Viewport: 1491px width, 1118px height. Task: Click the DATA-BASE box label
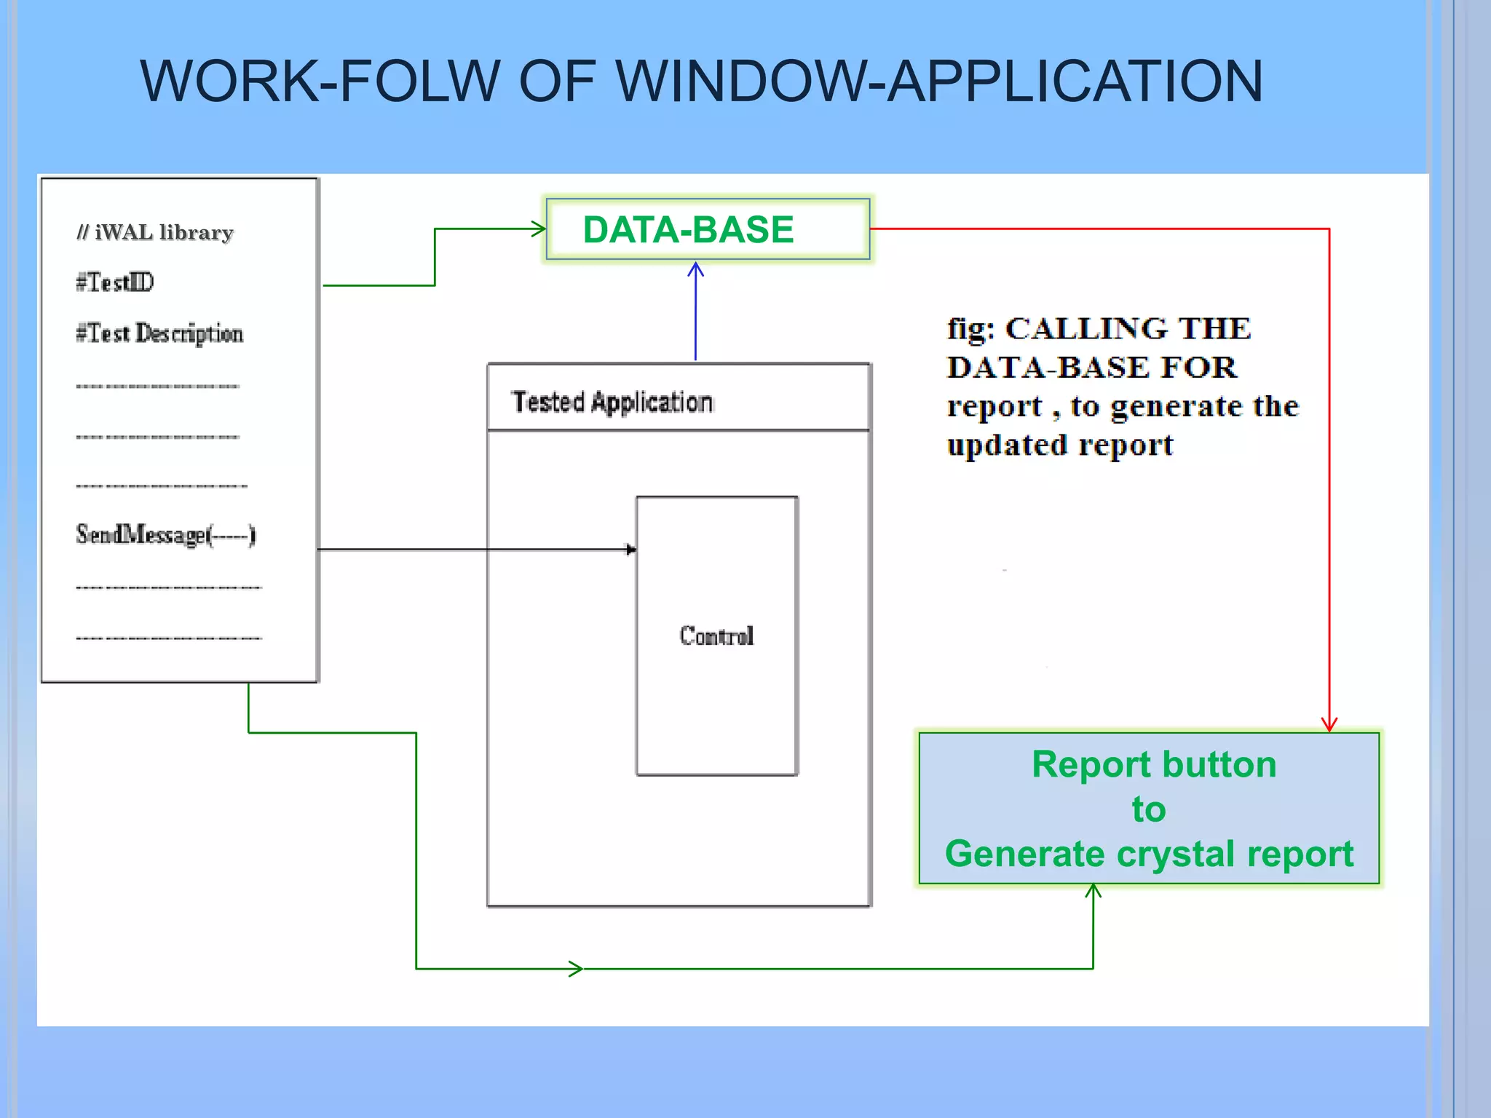pos(688,230)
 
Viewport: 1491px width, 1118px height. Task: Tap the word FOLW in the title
pos(419,81)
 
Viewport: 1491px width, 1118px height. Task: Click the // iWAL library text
pos(155,232)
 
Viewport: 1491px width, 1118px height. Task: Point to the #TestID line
pos(115,282)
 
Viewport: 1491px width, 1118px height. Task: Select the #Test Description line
pos(159,333)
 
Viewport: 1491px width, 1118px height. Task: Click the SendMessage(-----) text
pos(165,535)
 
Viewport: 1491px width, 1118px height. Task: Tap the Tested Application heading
pos(612,402)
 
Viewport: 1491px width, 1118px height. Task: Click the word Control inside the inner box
pos(716,636)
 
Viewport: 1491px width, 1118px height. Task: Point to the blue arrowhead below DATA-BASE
pos(695,270)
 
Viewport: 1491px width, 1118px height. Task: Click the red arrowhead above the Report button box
pos(1329,724)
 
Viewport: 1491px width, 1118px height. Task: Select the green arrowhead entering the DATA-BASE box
pos(539,229)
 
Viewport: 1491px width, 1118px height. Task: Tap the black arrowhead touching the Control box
pos(630,550)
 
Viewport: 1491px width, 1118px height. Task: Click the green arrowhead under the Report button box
pos(1093,891)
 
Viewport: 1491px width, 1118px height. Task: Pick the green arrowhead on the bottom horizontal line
pos(576,968)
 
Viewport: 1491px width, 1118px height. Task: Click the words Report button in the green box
pos(1153,764)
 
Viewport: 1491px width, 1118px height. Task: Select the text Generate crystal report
pos(1149,854)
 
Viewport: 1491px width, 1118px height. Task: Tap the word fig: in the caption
pos(970,330)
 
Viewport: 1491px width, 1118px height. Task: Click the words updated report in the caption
pos(1059,445)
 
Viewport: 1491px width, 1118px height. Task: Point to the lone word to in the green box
pos(1149,809)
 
